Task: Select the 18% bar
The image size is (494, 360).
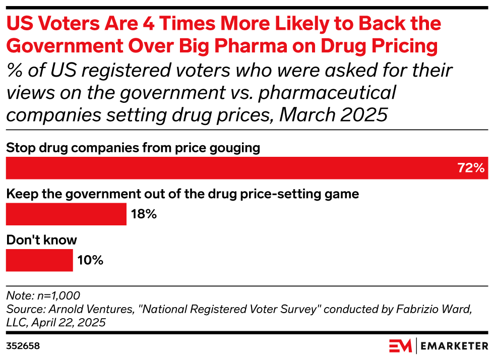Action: pyautogui.click(x=66, y=214)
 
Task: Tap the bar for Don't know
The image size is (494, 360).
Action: pyautogui.click(x=39, y=260)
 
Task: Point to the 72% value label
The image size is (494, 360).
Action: pyautogui.click(x=471, y=168)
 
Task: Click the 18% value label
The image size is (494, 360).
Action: pyautogui.click(x=144, y=214)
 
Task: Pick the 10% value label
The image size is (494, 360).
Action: pyautogui.click(x=90, y=260)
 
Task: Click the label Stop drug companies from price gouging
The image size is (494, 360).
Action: pyautogui.click(x=133, y=148)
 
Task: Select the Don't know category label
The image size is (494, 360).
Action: pyautogui.click(x=41, y=240)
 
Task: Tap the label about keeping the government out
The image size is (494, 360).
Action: pyautogui.click(x=182, y=194)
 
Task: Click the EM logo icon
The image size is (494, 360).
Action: pyautogui.click(x=401, y=346)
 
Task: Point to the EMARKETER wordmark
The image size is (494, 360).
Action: pyautogui.click(x=455, y=346)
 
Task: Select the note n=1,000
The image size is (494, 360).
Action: pyautogui.click(x=43, y=295)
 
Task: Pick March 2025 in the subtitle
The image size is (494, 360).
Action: pyautogui.click(x=333, y=115)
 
